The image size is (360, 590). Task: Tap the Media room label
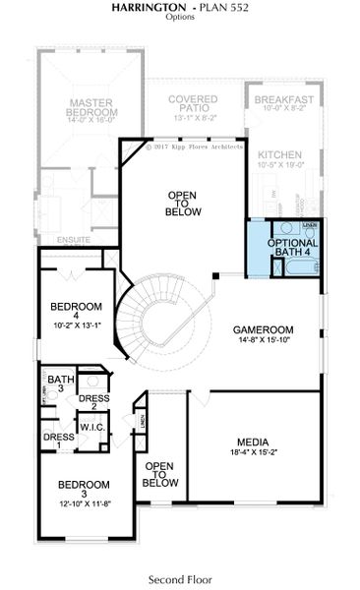click(x=252, y=442)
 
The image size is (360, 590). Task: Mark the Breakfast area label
click(x=283, y=100)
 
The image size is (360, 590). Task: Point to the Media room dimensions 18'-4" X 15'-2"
click(x=252, y=453)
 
